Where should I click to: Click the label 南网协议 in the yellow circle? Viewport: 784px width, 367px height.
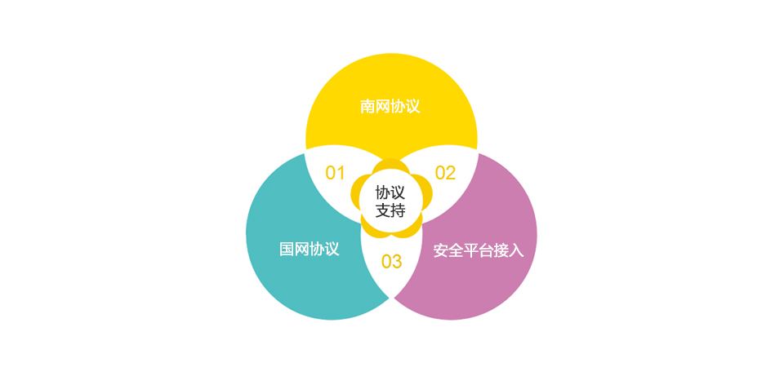390,106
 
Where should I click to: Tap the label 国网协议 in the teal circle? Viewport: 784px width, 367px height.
310,249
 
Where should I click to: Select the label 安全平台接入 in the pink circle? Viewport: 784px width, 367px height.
479,250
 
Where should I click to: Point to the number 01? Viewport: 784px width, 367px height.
336,173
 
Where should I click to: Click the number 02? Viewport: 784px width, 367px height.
446,173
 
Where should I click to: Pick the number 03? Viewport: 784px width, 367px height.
391,261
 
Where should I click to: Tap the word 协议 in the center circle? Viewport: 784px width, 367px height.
390,192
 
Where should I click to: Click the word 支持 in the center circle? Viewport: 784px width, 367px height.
390,210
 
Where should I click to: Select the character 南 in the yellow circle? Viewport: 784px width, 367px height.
368,106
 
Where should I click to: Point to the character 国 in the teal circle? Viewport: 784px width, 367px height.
287,249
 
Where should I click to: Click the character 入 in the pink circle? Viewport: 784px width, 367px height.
516,250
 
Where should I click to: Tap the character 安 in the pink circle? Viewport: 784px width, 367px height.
441,250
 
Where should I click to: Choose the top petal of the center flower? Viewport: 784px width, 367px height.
391,166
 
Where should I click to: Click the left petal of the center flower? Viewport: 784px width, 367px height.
357,192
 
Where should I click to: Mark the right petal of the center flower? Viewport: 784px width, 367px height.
425,192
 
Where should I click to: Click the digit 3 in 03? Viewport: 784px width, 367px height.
397,261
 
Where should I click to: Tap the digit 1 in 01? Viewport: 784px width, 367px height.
341,173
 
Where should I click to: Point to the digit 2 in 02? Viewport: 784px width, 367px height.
451,173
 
